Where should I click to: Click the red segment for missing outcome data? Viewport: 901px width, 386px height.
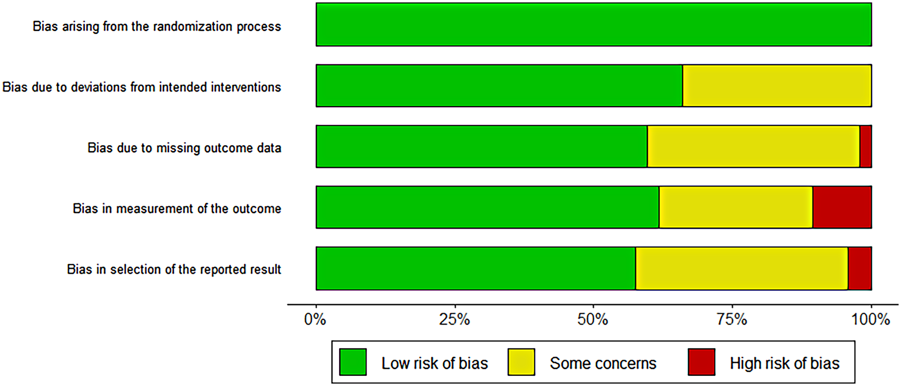coord(865,147)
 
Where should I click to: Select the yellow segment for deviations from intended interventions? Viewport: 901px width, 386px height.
coord(776,86)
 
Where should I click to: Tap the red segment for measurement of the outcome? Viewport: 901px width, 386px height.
coord(842,207)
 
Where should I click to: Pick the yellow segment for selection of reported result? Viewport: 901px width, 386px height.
coord(741,268)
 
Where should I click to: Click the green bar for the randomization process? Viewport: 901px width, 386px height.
coord(593,25)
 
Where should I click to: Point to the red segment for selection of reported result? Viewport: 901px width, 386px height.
coord(860,268)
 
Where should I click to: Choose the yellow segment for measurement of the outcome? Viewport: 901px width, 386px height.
coord(735,207)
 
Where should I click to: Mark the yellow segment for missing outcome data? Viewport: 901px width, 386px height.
coord(753,147)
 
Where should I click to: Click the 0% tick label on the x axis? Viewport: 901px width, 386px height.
coord(315,319)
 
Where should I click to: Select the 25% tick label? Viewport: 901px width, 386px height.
coord(454,319)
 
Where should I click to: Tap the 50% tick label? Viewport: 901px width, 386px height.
coord(593,319)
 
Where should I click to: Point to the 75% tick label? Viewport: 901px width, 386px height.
coord(732,319)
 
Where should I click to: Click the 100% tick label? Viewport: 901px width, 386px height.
coord(870,319)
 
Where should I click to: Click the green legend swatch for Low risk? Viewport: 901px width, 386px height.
coord(353,362)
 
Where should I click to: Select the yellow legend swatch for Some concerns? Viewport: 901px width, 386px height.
coord(521,362)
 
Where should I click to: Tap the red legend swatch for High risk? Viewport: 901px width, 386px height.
coord(701,362)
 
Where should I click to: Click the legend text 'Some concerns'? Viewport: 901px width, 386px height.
coord(603,363)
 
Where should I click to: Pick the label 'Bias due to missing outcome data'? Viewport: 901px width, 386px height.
coord(184,147)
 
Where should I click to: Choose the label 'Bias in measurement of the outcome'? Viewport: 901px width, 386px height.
coord(177,208)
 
